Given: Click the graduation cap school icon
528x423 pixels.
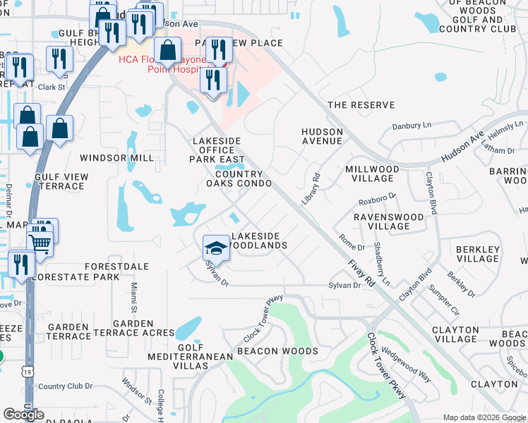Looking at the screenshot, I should click(x=216, y=247).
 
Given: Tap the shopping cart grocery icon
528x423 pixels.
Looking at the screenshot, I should click(x=40, y=243).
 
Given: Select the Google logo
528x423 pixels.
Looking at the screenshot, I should click(x=23, y=415).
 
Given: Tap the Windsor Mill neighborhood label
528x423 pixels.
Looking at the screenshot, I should click(x=116, y=158).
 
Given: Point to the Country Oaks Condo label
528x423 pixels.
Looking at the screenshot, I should click(x=239, y=178).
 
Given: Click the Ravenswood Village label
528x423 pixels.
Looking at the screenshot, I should click(x=382, y=221).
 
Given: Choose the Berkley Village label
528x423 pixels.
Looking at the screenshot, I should click(x=478, y=254).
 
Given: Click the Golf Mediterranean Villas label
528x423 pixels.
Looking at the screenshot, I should click(x=191, y=352).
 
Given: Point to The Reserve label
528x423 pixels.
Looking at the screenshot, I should click(x=361, y=105).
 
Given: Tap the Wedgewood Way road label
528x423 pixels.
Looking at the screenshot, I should click(x=406, y=364).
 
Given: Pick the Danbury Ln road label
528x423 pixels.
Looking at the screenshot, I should click(x=412, y=125).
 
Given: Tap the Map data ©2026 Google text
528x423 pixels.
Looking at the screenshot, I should click(x=484, y=417).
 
